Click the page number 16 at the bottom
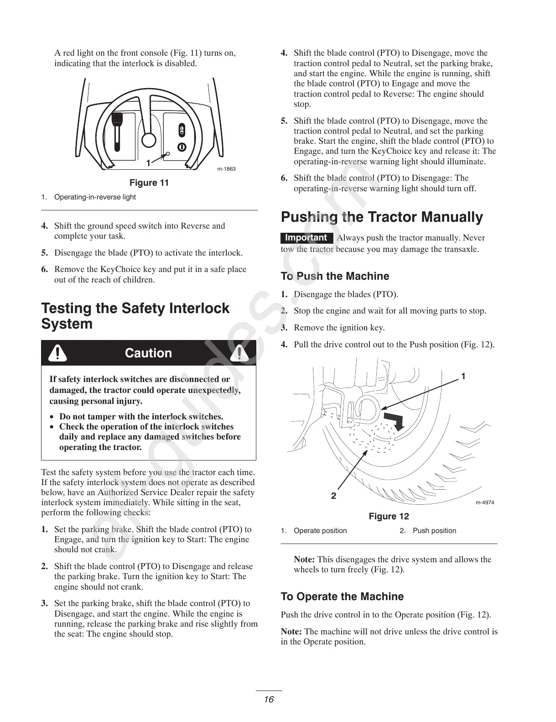click(269, 699)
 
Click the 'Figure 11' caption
click(149, 183)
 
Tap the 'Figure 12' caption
click(389, 516)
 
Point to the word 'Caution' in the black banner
click(148, 353)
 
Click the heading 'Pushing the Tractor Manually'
click(382, 217)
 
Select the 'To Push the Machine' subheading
click(335, 276)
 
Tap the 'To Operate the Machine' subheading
click(342, 596)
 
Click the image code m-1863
click(226, 169)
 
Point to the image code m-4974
click(485, 502)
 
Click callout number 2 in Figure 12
click(334, 496)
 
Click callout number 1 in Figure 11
click(148, 163)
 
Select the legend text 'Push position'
click(434, 531)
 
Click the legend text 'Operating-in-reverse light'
click(95, 197)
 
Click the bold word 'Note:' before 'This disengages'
click(304, 560)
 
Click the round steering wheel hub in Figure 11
click(149, 139)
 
